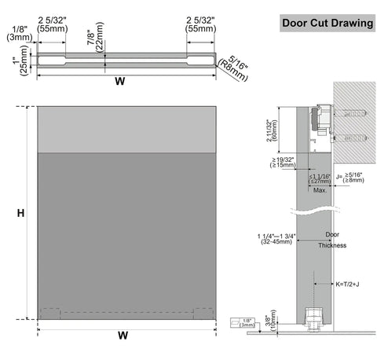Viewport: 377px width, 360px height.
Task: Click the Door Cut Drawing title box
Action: click(x=328, y=23)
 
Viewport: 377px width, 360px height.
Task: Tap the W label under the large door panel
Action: click(x=123, y=336)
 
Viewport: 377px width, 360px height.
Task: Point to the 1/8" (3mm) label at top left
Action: click(x=17, y=32)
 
